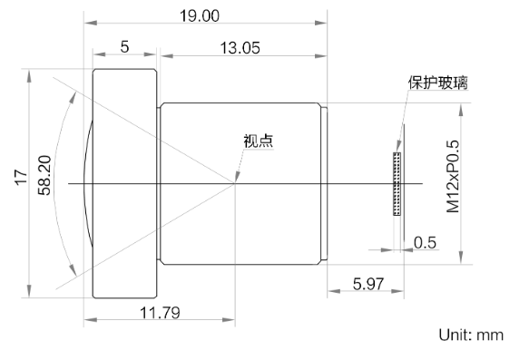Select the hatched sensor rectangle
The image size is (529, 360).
tap(395, 184)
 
